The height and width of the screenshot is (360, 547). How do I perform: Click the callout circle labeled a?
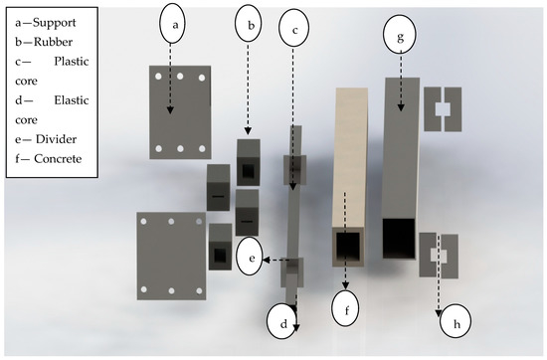[172, 24]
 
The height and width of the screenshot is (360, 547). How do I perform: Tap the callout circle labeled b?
[249, 25]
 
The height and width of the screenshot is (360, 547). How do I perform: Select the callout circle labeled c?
[294, 28]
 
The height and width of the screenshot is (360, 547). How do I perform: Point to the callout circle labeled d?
[283, 321]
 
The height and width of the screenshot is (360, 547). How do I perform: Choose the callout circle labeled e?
[252, 259]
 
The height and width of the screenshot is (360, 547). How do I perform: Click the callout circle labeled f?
[346, 308]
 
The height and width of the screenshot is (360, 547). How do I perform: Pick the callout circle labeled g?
[400, 35]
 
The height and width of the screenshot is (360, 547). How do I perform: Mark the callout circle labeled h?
[456, 322]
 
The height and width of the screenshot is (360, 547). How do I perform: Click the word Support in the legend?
[54, 23]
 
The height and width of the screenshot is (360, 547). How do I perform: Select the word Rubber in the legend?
[53, 42]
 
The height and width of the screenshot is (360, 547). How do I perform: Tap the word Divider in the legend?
[56, 139]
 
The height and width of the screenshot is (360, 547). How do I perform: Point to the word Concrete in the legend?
[58, 159]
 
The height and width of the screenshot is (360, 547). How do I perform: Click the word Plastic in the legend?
[72, 62]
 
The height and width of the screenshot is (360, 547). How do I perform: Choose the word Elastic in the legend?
[72, 100]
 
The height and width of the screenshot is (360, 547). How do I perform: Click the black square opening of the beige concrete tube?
[348, 247]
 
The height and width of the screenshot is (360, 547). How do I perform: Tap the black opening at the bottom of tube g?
[399, 239]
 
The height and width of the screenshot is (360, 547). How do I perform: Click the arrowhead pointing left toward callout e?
[267, 260]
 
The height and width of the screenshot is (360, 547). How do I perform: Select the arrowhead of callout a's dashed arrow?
[170, 109]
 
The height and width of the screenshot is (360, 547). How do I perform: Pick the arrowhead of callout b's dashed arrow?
[248, 131]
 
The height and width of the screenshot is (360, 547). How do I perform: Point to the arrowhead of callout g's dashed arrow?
[401, 107]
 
